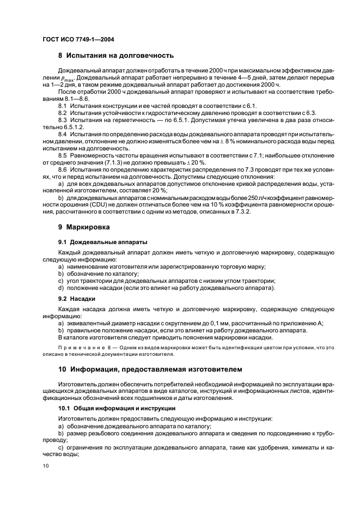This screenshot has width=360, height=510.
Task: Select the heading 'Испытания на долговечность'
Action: [119, 56]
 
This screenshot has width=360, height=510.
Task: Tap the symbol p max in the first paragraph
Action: [71, 78]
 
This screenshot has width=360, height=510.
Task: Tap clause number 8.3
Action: [62, 119]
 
